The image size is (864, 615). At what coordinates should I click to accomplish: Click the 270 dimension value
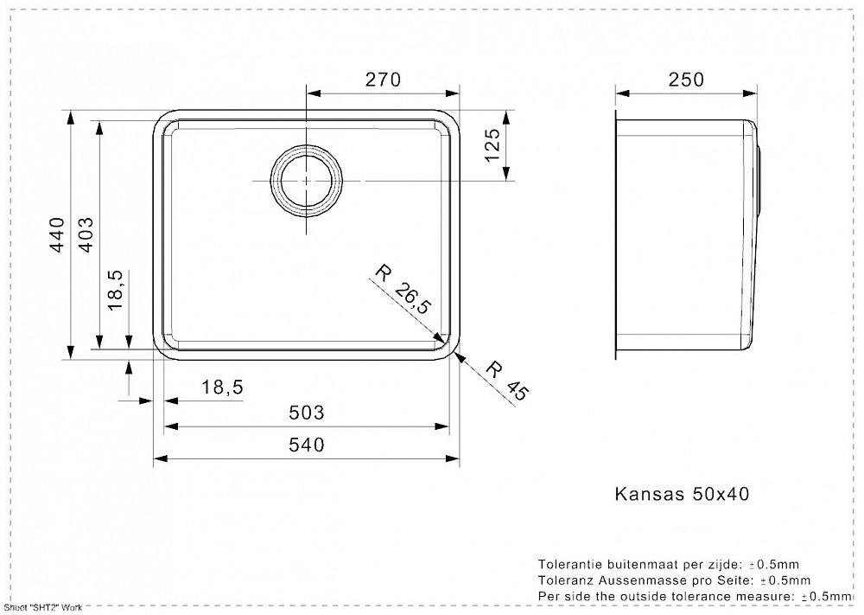(x=383, y=80)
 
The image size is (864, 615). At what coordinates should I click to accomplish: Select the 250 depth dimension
(x=686, y=80)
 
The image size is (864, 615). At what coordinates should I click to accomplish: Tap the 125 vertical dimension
(x=492, y=144)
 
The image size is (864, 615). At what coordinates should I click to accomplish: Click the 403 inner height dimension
(x=86, y=234)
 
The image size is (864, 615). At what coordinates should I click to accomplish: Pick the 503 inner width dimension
(x=307, y=412)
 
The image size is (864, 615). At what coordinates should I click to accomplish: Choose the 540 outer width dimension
(x=307, y=444)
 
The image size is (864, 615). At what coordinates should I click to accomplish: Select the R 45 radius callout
(x=507, y=381)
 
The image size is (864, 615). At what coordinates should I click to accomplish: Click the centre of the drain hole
(x=307, y=181)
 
